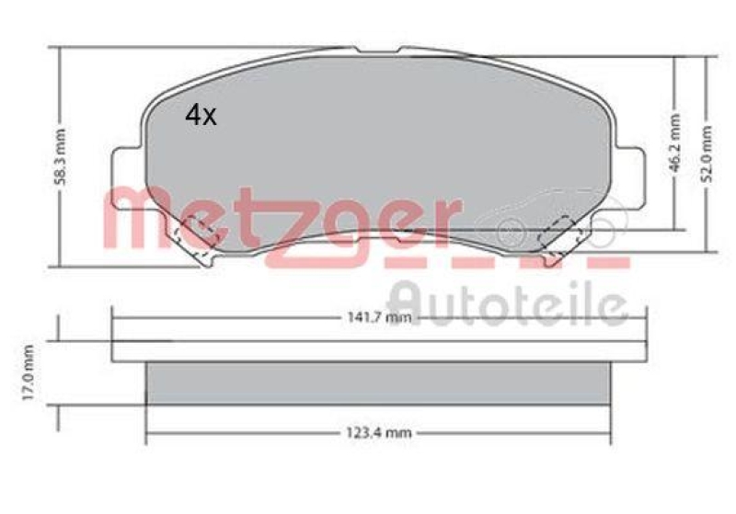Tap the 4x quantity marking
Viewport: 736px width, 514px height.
(x=201, y=115)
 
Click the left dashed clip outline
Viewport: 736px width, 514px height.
(x=195, y=232)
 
